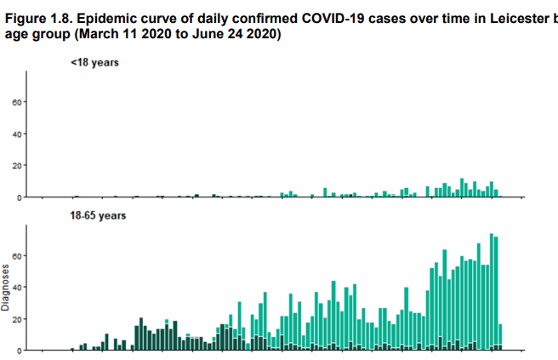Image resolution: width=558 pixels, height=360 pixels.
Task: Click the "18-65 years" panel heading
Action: coord(98,216)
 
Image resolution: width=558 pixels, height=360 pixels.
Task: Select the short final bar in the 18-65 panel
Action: coord(501,337)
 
